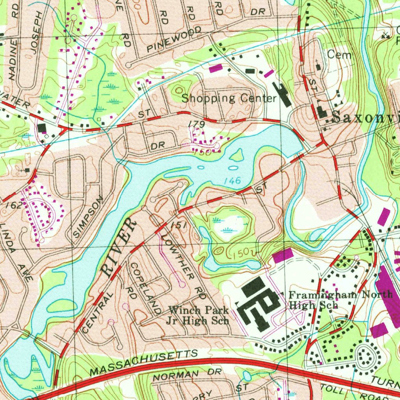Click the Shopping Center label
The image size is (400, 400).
coord(229,98)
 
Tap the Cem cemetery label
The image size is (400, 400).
coord(339,55)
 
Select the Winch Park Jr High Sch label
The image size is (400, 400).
coord(198,316)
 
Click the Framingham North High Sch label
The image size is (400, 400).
coord(340,300)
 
